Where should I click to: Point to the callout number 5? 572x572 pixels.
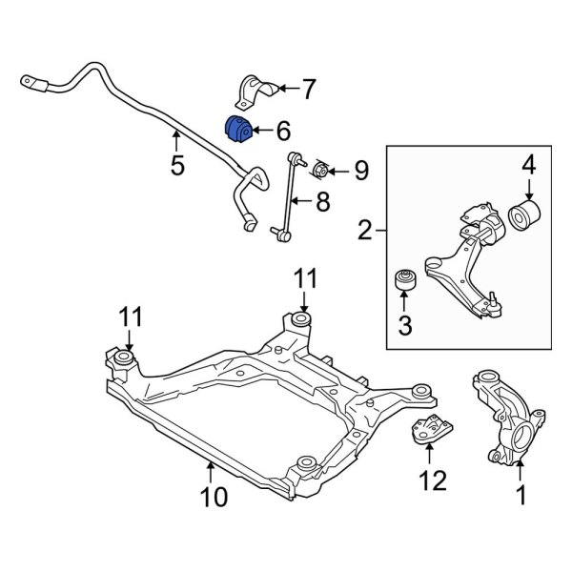coord(177,166)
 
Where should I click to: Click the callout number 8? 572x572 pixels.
coord(323,201)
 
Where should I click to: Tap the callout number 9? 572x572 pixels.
coord(360,171)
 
